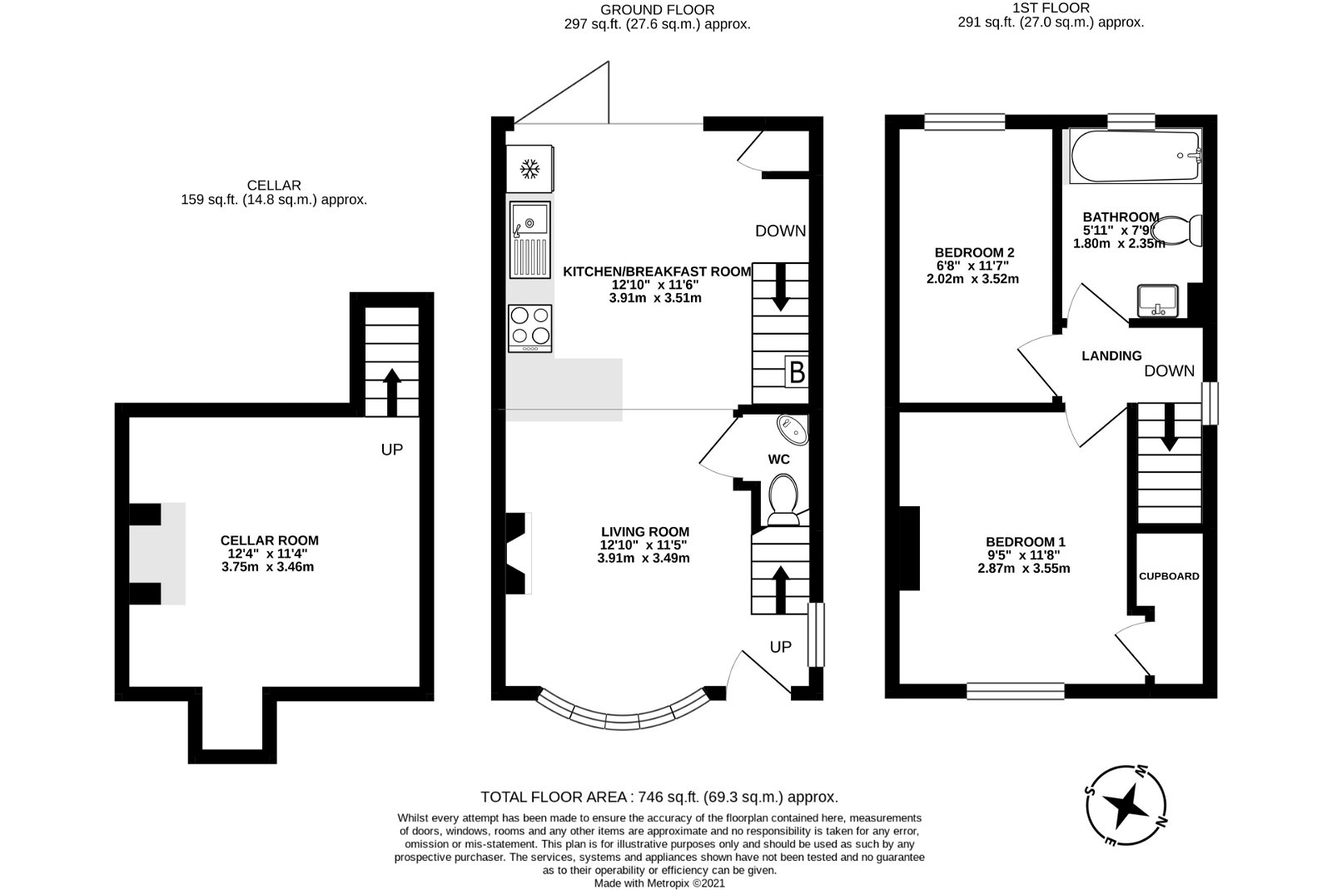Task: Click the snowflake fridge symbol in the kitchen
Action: point(528,170)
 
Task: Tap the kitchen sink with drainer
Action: point(530,241)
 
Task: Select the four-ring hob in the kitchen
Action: point(530,326)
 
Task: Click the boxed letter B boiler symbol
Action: point(797,372)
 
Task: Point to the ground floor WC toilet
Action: point(783,497)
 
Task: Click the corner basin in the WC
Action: point(792,429)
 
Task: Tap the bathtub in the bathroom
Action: point(1136,157)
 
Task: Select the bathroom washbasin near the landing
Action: point(1156,300)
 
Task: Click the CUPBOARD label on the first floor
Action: point(1169,576)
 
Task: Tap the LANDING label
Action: point(1111,356)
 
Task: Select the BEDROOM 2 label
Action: point(974,252)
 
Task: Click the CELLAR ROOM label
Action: point(269,540)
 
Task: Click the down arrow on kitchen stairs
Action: point(780,286)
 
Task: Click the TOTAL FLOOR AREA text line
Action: point(659,797)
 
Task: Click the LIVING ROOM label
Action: point(645,532)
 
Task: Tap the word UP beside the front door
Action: point(780,647)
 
